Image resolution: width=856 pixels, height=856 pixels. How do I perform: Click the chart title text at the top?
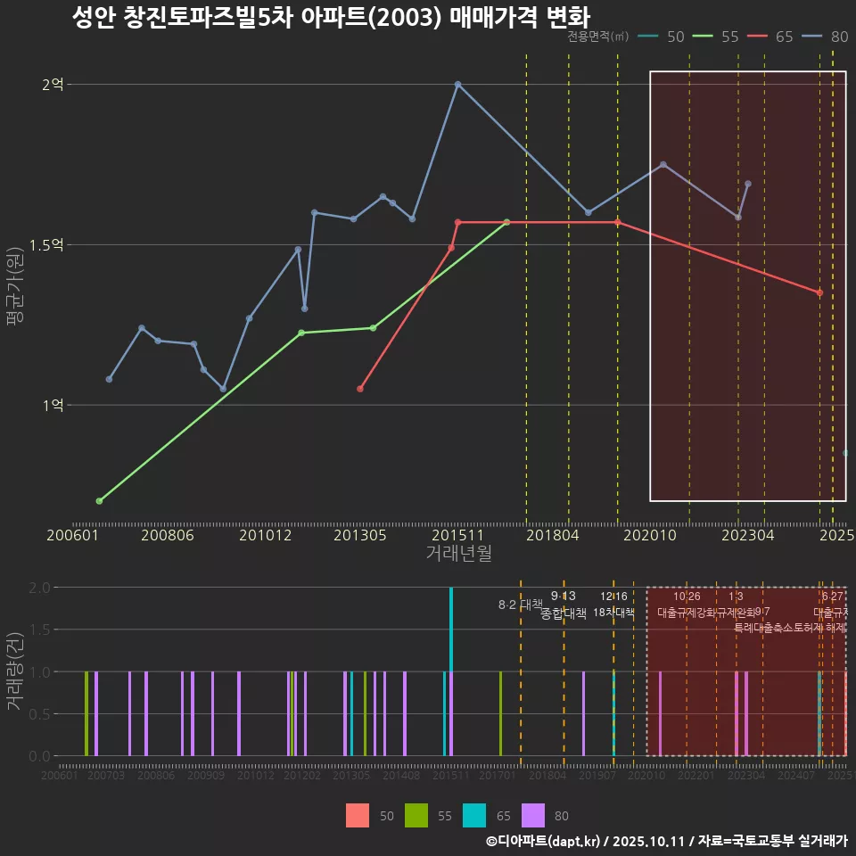pos(330,17)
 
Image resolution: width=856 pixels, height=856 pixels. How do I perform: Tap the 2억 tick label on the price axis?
pos(53,85)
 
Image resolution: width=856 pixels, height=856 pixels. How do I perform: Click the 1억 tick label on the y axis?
pos(53,405)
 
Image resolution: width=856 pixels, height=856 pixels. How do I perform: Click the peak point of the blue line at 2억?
pos(457,85)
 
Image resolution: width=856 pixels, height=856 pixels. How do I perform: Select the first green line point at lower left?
pos(99,501)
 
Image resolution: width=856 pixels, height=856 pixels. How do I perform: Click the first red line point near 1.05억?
pos(360,389)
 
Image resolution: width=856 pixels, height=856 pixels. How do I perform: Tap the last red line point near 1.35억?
pos(819,292)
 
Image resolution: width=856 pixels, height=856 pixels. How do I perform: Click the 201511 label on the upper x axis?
pos(457,535)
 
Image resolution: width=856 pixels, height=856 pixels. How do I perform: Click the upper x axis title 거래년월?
pos(458,554)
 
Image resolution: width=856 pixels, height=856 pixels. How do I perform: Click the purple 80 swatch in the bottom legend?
pos(533,815)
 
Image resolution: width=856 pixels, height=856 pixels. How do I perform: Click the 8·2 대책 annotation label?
pos(520,605)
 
